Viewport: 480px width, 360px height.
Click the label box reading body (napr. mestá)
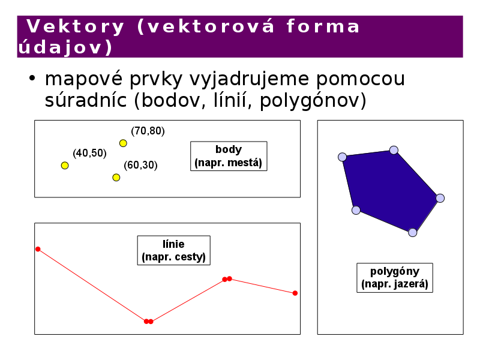[229, 156]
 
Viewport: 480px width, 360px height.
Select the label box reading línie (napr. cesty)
[173, 250]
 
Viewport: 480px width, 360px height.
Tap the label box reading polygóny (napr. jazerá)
[395, 278]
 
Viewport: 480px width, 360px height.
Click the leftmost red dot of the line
[38, 249]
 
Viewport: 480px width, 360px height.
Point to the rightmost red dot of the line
[295, 293]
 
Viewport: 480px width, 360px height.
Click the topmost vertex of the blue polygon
[394, 150]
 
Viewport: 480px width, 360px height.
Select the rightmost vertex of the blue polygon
[440, 198]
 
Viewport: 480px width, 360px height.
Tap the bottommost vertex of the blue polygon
[413, 233]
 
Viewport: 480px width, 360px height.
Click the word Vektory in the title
[76, 26]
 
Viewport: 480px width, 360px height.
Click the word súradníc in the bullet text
[86, 100]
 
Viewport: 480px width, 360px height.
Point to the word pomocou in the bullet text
[361, 79]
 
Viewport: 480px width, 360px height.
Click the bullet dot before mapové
[32, 79]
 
